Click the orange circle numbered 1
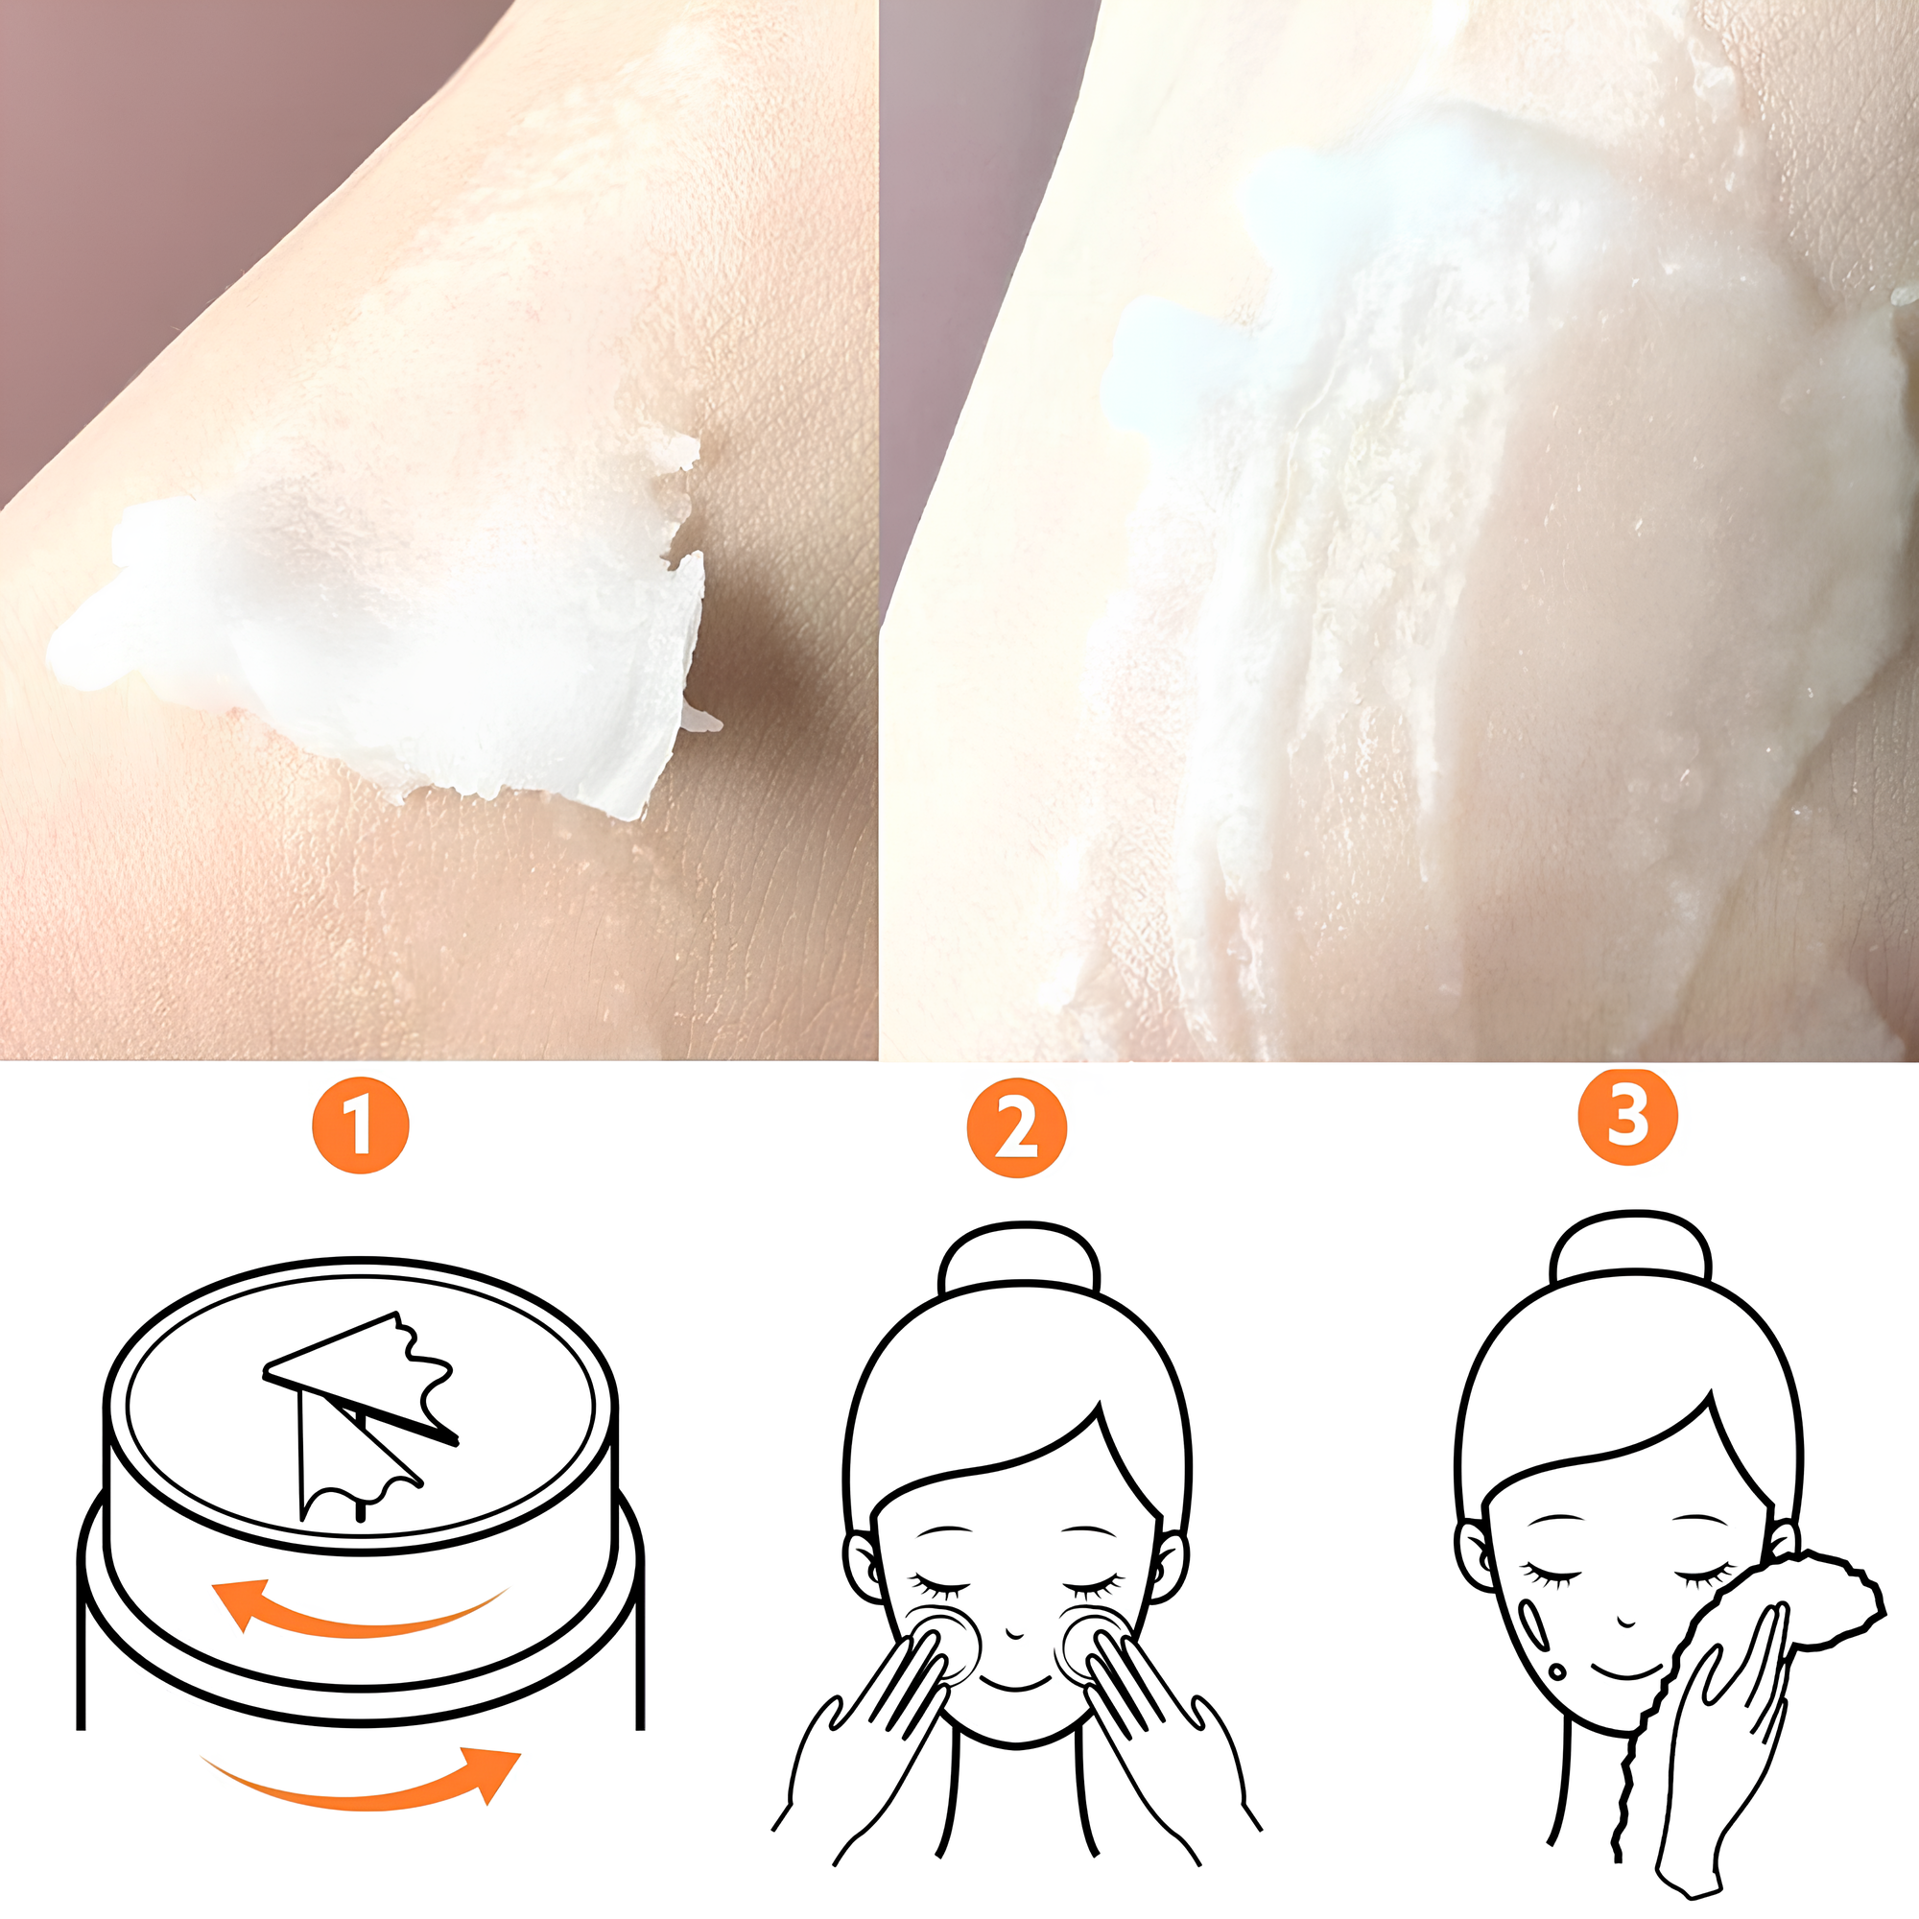pyautogui.click(x=361, y=1125)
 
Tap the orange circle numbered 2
pyautogui.click(x=1016, y=1128)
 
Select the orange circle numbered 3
pyautogui.click(x=1628, y=1117)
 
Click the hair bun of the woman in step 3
pyautogui.click(x=1631, y=1246)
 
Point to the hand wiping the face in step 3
pyautogui.click(x=1718, y=1758)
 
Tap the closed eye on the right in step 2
pyautogui.click(x=1095, y=1581)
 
